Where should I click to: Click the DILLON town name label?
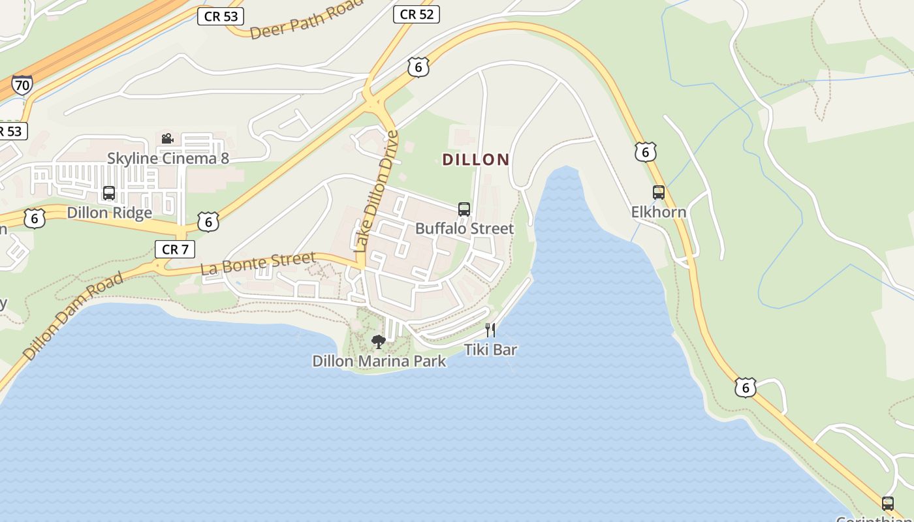[x=476, y=159]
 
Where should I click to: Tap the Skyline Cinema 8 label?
[x=168, y=158]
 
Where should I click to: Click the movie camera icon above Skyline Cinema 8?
[x=167, y=138]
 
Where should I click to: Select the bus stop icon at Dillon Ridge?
[x=109, y=193]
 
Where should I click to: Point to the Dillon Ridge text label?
[x=110, y=213]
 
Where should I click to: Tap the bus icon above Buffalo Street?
[x=464, y=209]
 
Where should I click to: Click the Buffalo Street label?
[x=465, y=228]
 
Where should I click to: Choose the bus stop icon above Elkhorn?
[x=659, y=192]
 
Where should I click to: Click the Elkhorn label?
[x=659, y=212]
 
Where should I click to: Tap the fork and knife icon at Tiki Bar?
[x=490, y=330]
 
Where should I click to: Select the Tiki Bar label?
[x=491, y=350]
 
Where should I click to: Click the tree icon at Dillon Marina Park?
[x=378, y=341]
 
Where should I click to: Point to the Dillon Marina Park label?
[x=379, y=361]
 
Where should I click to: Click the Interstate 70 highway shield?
[x=22, y=85]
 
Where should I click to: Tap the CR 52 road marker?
[x=417, y=14]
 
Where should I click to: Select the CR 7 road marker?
[x=175, y=249]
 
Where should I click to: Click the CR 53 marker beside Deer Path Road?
[x=221, y=16]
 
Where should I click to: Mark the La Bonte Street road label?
[x=258, y=262]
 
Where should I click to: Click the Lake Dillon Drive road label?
[x=375, y=191]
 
